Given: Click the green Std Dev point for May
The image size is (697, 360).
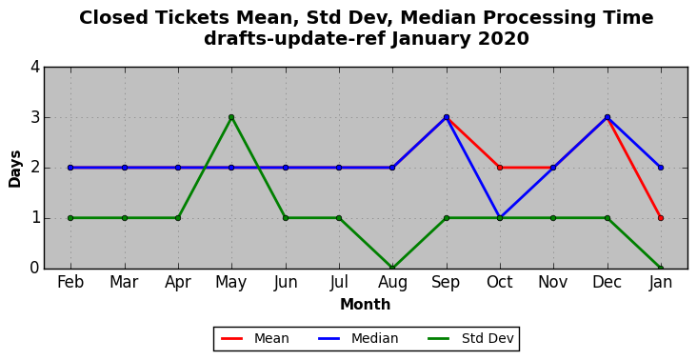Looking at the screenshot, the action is pyautogui.click(x=231, y=117).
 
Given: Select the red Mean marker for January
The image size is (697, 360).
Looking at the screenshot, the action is pyautogui.click(x=661, y=218).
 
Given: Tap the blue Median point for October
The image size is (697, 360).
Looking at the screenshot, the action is pyautogui.click(x=500, y=218).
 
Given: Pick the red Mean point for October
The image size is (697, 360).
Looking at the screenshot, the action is pyautogui.click(x=500, y=168).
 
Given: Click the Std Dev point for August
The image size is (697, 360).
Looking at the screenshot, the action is pyautogui.click(x=392, y=268).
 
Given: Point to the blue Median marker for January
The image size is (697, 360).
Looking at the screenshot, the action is pyautogui.click(x=661, y=168).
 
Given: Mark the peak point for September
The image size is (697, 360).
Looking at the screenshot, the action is pyautogui.click(x=447, y=117).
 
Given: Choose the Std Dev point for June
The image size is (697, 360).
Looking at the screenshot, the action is pyautogui.click(x=286, y=218).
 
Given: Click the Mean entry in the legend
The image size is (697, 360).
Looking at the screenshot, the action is pyautogui.click(x=255, y=339).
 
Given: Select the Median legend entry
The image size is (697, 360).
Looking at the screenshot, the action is pyautogui.click(x=358, y=339).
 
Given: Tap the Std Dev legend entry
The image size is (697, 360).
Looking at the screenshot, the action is pyautogui.click(x=470, y=339).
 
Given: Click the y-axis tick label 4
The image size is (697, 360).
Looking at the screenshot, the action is pyautogui.click(x=35, y=67).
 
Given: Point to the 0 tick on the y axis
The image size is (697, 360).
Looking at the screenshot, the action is pyautogui.click(x=35, y=268).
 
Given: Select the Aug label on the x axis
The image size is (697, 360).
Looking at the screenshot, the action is pyautogui.click(x=392, y=283).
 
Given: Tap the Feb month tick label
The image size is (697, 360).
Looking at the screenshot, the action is pyautogui.click(x=70, y=282).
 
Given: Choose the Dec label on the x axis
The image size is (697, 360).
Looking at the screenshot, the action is pyautogui.click(x=607, y=282).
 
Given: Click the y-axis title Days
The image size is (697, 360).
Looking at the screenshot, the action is pyautogui.click(x=14, y=169).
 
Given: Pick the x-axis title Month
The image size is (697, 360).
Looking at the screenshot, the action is pyautogui.click(x=366, y=305).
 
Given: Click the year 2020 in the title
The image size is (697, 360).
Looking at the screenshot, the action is pyautogui.click(x=504, y=39).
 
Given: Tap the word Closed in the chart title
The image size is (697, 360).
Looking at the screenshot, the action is pyautogui.click(x=114, y=18).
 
